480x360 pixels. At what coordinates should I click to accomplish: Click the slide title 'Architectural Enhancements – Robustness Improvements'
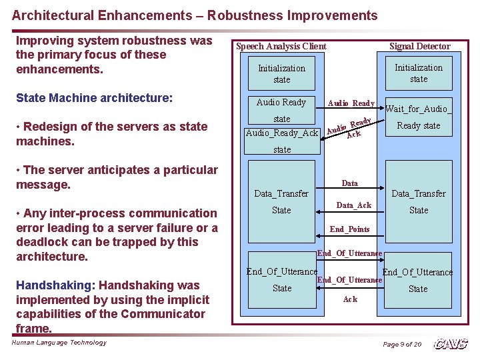195,15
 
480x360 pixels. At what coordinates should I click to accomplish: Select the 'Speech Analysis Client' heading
281,46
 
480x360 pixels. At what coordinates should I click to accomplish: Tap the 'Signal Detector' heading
419,46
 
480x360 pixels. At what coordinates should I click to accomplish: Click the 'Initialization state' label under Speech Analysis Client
281,73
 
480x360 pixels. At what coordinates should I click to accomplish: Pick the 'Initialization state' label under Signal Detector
419,73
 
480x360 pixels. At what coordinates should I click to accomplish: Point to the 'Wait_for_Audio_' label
419,109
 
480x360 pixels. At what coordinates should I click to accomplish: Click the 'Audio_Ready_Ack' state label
282,133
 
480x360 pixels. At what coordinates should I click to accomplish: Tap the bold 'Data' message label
349,183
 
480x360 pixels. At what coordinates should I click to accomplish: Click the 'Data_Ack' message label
353,205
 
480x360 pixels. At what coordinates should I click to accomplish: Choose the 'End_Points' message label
349,229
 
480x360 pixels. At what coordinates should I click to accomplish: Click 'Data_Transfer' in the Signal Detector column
419,193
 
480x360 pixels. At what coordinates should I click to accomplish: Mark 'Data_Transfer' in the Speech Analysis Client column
281,193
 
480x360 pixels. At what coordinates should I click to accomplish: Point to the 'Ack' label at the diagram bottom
350,299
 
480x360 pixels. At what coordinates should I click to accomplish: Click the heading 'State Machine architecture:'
94,98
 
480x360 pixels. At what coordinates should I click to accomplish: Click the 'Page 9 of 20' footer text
402,344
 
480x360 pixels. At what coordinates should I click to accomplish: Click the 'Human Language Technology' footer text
59,343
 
